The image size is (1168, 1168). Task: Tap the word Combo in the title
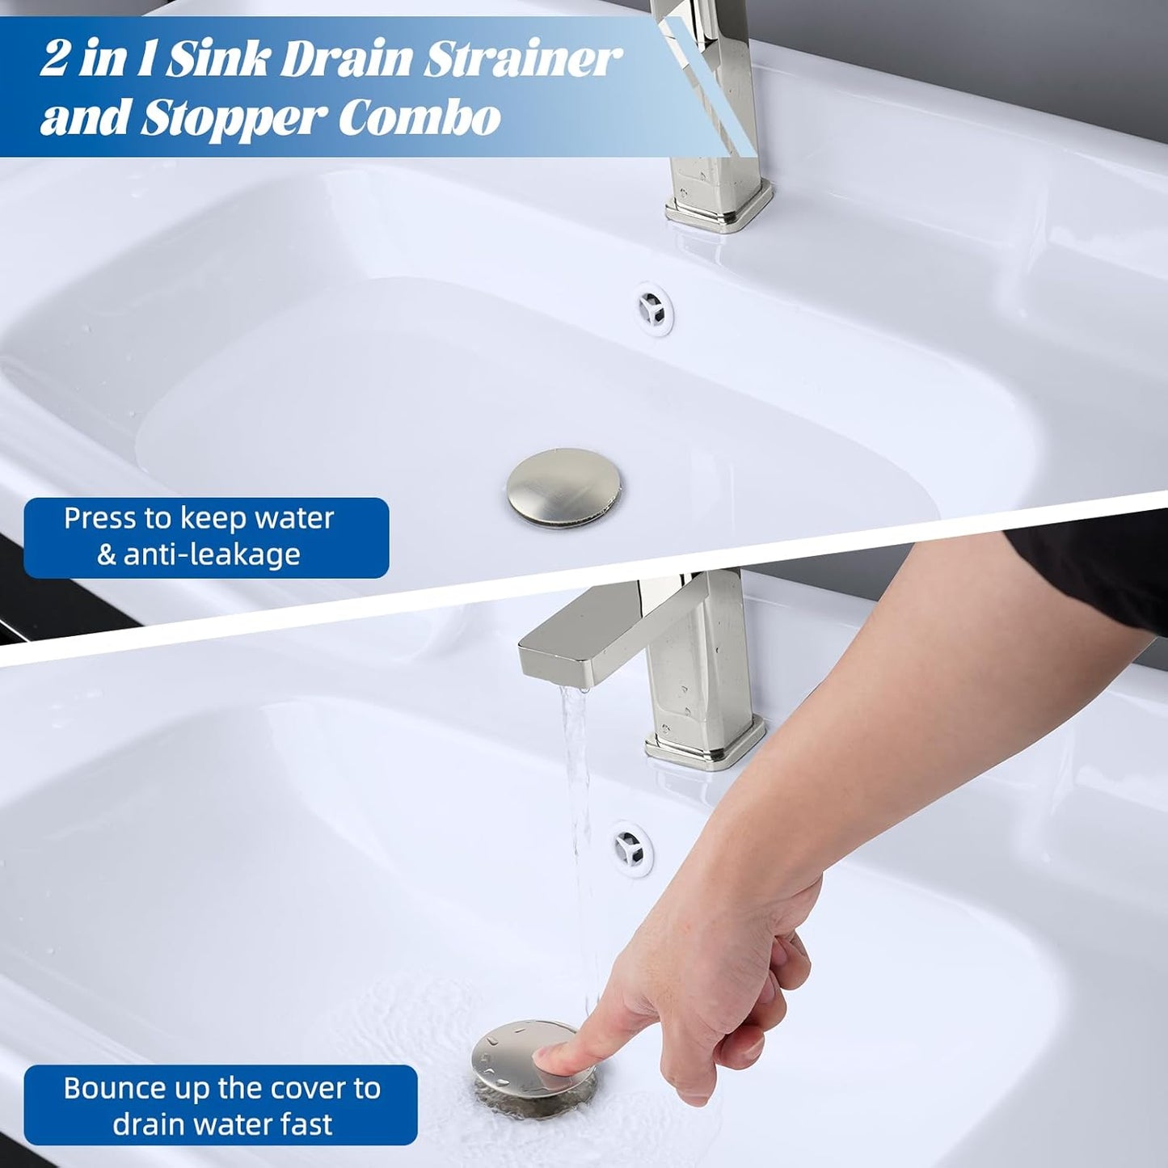coord(420,118)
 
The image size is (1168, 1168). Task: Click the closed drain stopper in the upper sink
coord(564,488)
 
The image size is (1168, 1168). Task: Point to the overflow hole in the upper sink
coord(653,307)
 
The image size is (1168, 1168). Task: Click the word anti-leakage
coord(212,554)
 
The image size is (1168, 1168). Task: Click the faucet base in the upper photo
coord(719,207)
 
